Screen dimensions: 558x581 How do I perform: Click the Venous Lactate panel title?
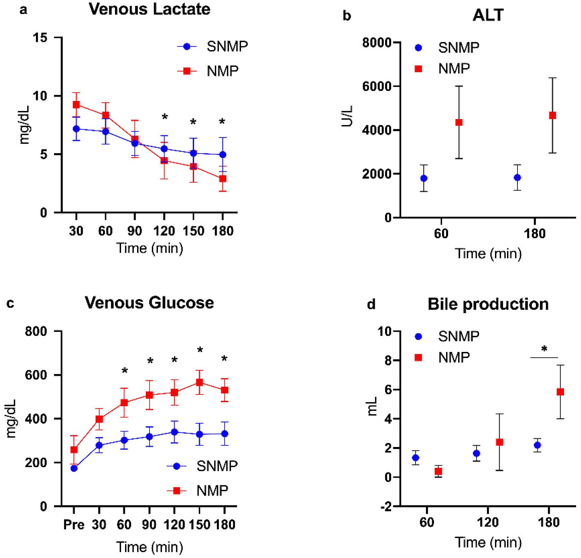pyautogui.click(x=149, y=10)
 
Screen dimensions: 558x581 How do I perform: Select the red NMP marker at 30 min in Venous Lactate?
pyautogui.click(x=76, y=105)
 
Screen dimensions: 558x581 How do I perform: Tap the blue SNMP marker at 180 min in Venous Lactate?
pyautogui.click(x=223, y=155)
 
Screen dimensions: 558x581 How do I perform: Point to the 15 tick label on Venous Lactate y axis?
pyautogui.click(x=40, y=38)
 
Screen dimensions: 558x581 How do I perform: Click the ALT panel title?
pyautogui.click(x=488, y=15)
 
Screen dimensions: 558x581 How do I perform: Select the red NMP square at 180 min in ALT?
pyautogui.click(x=552, y=115)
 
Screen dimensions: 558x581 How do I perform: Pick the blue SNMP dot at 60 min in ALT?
pyautogui.click(x=424, y=178)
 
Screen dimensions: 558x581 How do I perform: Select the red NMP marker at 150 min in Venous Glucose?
pyautogui.click(x=199, y=382)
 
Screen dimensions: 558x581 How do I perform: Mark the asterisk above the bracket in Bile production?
pyautogui.click(x=544, y=349)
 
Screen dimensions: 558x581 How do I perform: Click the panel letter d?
pyautogui.click(x=371, y=304)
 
